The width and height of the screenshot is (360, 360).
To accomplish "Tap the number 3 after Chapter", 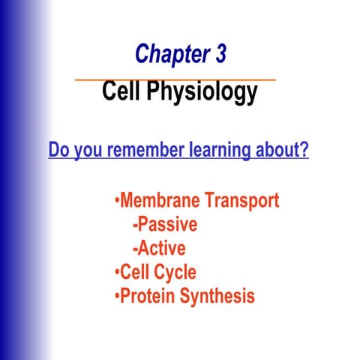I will pos(218,55).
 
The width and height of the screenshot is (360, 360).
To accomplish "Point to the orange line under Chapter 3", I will pos(175,78).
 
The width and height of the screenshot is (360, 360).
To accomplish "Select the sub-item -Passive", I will pos(164,224).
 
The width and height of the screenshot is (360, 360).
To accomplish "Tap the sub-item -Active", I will pos(158,247).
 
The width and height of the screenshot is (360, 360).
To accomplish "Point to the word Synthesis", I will pos(219,296).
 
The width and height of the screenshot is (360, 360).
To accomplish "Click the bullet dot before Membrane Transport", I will pos(116,202).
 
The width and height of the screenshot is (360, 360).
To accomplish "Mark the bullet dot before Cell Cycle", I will pos(116,272).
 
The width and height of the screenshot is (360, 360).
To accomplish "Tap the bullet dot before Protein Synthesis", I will pos(116,295).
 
